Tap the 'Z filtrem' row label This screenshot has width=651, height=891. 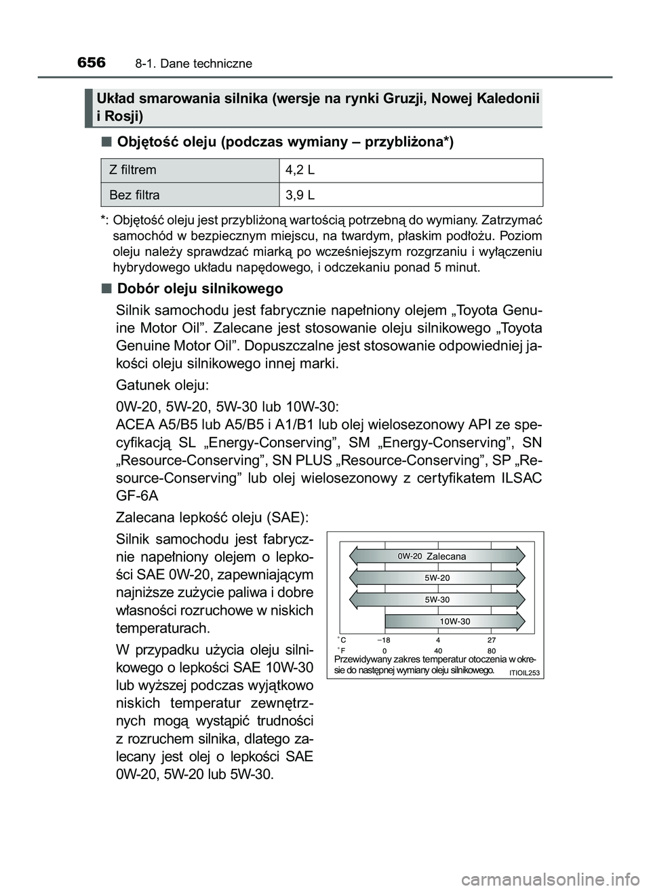[x=134, y=170]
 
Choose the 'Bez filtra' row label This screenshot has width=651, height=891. [x=135, y=195]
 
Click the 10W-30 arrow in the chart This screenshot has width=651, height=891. [x=454, y=621]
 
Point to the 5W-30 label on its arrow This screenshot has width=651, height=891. [x=437, y=599]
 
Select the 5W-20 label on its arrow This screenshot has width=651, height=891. [x=437, y=577]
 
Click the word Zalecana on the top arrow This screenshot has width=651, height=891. [x=447, y=556]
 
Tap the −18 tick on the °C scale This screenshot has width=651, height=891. [x=384, y=640]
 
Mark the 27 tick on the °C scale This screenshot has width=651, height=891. [x=492, y=640]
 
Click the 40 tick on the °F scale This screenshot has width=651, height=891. [x=439, y=650]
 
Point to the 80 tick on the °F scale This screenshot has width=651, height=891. [x=492, y=650]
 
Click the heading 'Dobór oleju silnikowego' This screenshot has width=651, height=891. [x=200, y=288]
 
